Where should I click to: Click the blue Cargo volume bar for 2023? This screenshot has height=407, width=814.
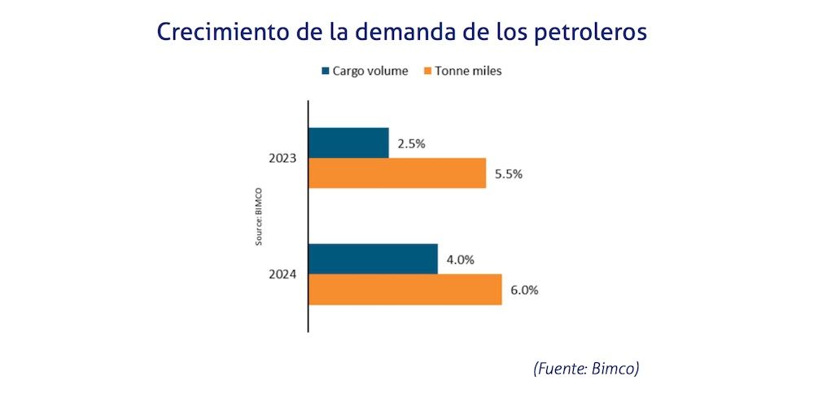coord(348,142)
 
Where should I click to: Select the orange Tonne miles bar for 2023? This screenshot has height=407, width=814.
coord(396,173)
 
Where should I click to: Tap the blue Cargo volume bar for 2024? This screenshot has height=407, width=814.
coord(373,259)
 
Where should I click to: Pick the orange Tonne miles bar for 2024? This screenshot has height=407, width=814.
coord(405,289)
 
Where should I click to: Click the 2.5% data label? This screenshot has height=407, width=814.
coord(411,144)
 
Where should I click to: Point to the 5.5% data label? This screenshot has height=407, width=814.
coord(509,173)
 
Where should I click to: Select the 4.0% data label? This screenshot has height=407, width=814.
coord(460,260)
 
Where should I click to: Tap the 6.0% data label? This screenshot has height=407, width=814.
coord(524,290)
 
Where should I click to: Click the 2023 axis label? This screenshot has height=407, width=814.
coord(282,158)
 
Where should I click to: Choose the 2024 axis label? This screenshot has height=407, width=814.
coord(282,274)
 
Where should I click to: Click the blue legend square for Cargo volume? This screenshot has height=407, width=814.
coord(325,71)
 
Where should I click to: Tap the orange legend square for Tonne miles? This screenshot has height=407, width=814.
coord(425,71)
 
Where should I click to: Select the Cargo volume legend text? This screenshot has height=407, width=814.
coord(370,71)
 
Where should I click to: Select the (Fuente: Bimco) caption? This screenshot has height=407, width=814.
coord(586,369)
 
